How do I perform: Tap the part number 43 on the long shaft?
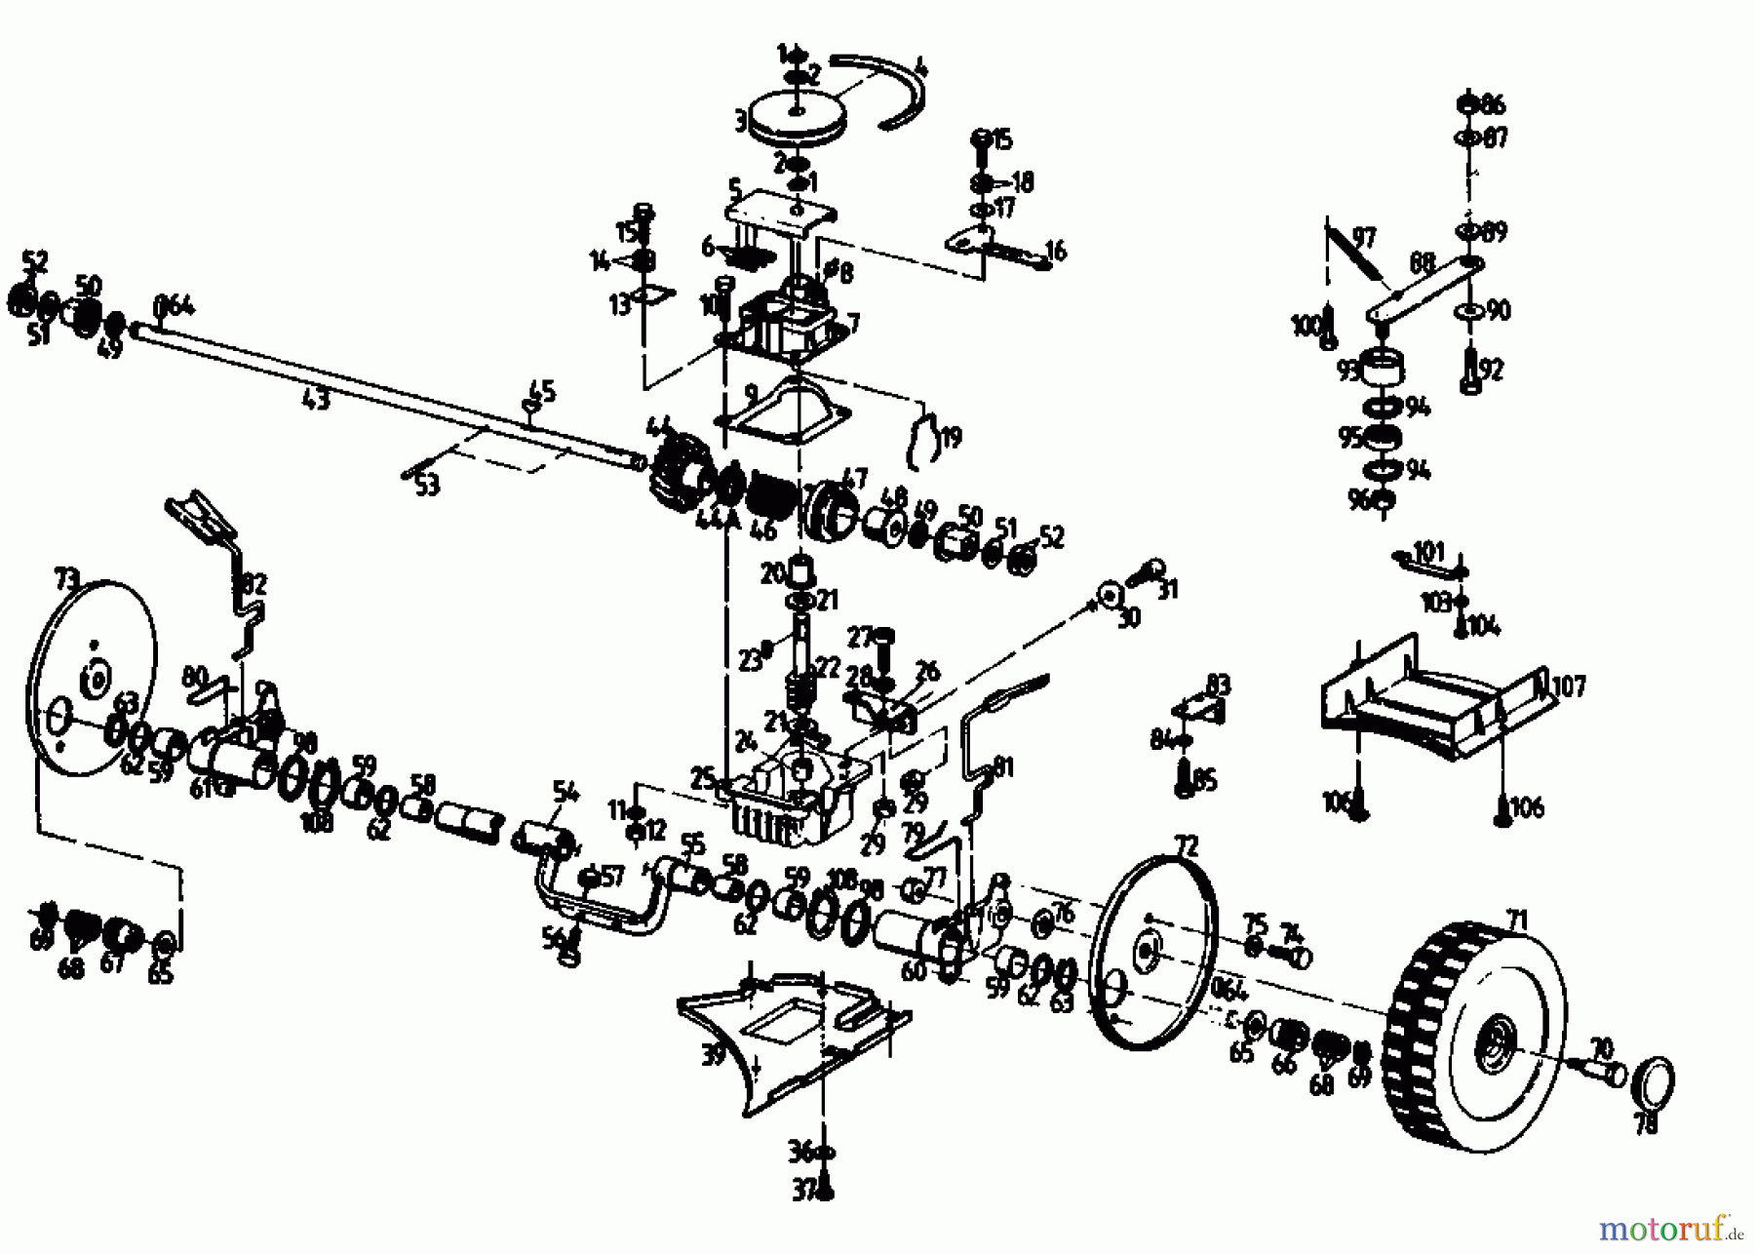click(316, 399)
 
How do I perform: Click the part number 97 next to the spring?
click(1364, 237)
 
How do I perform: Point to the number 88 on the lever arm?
click(1423, 264)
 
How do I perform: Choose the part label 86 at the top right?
click(1493, 103)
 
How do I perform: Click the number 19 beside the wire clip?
click(950, 437)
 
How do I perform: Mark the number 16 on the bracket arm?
click(1055, 251)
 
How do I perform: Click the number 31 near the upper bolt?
click(1167, 588)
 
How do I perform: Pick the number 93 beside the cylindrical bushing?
click(1347, 371)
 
